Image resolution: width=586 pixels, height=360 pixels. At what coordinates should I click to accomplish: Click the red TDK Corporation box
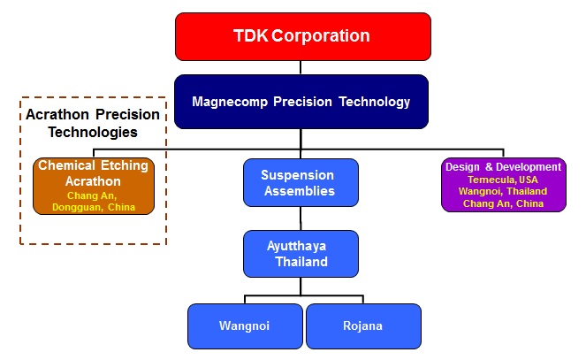click(302, 36)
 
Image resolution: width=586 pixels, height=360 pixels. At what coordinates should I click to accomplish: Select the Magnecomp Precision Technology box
click(301, 102)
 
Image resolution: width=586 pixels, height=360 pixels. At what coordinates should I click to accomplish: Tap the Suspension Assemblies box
click(301, 183)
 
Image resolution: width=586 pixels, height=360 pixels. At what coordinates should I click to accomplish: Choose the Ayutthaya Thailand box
click(301, 254)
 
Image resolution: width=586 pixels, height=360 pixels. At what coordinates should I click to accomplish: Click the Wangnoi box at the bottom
click(245, 326)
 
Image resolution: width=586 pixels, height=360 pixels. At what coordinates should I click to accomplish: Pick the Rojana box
click(363, 326)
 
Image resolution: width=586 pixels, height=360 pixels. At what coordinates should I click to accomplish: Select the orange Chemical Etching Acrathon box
click(94, 186)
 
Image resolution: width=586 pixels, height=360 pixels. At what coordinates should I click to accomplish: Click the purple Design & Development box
click(504, 185)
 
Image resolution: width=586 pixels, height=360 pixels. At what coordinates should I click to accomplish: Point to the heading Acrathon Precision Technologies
click(93, 123)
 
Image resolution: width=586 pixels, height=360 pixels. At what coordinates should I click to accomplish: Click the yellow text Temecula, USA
click(503, 180)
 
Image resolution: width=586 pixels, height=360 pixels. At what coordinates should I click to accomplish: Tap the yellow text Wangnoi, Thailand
click(503, 191)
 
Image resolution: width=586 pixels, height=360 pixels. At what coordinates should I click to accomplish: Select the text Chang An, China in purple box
click(503, 203)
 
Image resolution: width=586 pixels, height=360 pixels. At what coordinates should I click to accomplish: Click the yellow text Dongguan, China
click(94, 207)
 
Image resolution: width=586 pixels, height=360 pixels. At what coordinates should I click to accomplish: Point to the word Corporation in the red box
click(321, 36)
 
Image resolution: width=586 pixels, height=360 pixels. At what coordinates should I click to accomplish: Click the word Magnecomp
click(230, 102)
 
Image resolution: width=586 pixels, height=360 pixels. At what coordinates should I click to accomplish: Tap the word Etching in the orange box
click(125, 165)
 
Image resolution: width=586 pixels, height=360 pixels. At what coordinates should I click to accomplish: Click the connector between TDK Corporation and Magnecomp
click(301, 67)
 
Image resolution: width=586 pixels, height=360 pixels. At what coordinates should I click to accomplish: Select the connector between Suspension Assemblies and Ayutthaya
click(301, 218)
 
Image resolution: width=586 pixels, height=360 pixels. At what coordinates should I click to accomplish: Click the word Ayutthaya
click(296, 247)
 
